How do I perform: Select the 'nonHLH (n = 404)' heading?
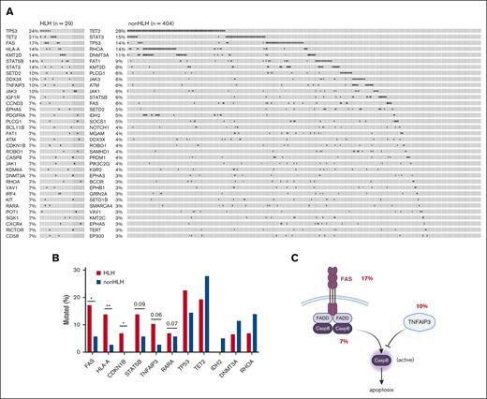coord(154,21)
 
